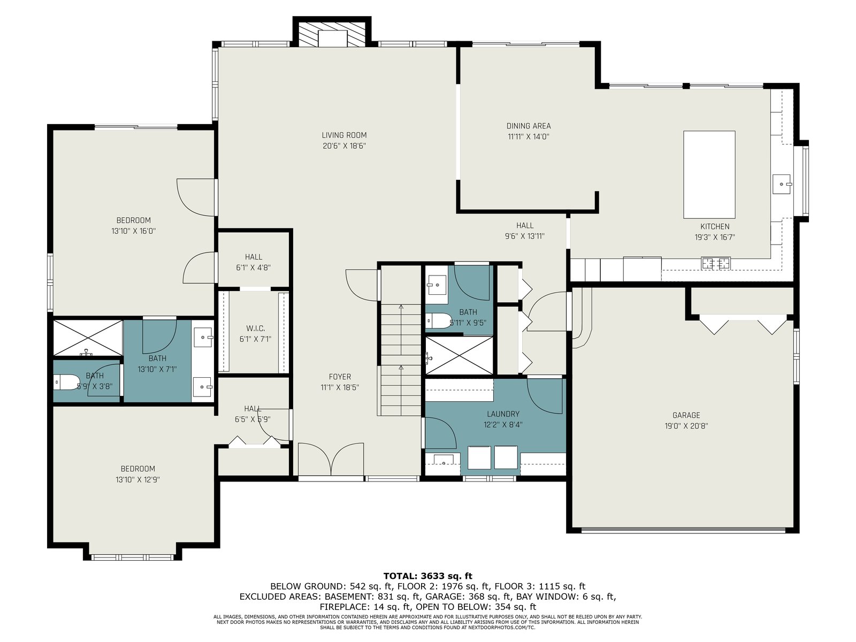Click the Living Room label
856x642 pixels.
(x=344, y=135)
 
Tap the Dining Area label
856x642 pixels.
(x=529, y=126)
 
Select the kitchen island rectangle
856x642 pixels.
(x=709, y=174)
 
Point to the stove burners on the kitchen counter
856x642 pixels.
(x=716, y=264)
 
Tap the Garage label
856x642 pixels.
(x=686, y=415)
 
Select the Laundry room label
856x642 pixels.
(x=503, y=414)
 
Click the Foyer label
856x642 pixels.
(x=340, y=377)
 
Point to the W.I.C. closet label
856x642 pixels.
(x=255, y=328)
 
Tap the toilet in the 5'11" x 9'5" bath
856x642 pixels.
(x=439, y=321)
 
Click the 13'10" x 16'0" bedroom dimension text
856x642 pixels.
(x=133, y=231)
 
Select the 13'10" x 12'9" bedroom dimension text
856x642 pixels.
(x=137, y=479)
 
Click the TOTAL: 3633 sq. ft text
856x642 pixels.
(x=427, y=576)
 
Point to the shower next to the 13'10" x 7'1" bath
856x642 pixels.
(x=88, y=338)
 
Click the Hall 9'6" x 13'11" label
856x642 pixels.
(x=524, y=231)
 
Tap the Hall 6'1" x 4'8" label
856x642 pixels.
(x=253, y=262)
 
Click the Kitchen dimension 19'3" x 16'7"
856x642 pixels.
(x=714, y=237)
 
